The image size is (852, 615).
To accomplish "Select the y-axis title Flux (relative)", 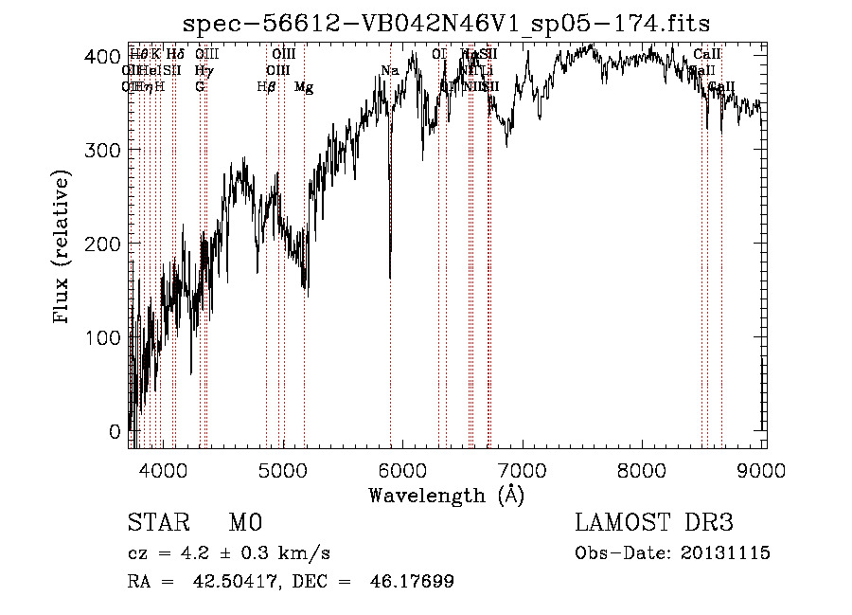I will pyautogui.click(x=63, y=248).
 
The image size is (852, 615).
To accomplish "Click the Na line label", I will pyautogui.click(x=389, y=71).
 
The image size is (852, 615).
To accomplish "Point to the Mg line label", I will pyautogui.click(x=304, y=87).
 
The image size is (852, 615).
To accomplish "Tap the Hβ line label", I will pyautogui.click(x=266, y=87).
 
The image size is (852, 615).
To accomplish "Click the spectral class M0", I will pyautogui.click(x=244, y=524).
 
